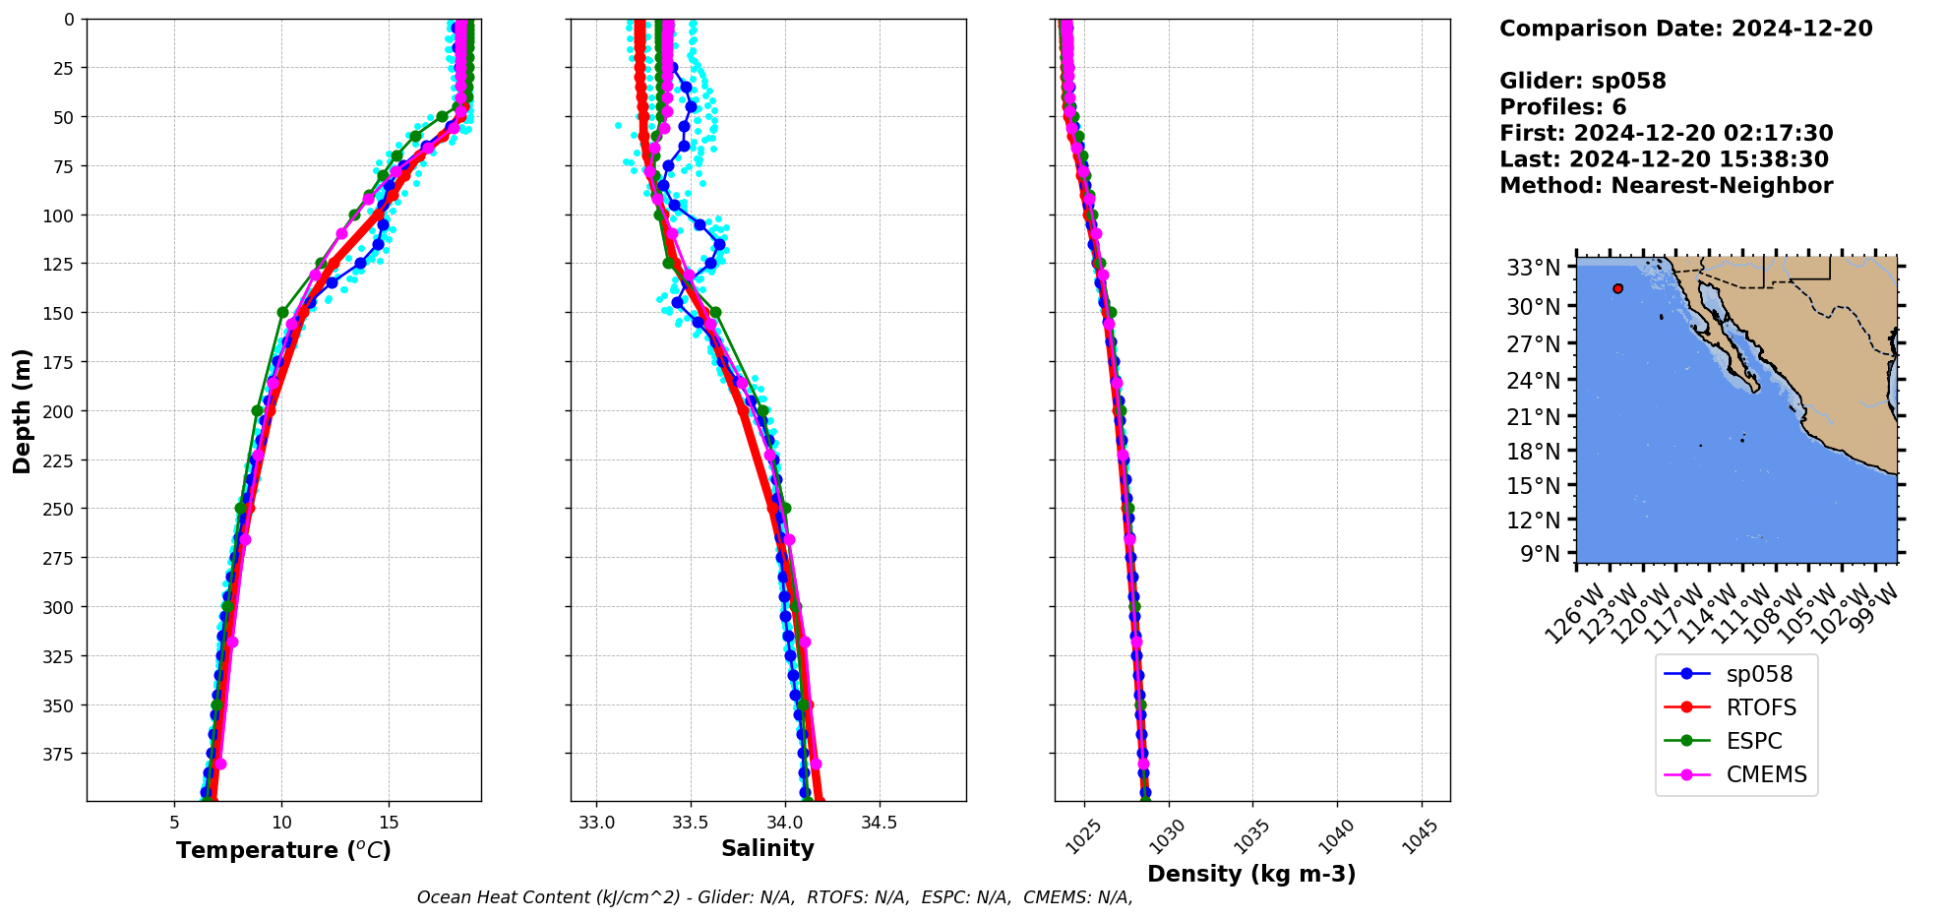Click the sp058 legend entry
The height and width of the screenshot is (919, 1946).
1758,674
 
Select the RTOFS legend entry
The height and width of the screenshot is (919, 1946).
1760,707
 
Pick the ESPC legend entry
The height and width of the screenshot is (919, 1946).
1753,741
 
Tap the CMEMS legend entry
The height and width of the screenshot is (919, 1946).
1766,774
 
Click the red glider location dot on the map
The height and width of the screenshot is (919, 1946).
1617,288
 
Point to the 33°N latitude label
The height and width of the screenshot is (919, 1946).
1533,268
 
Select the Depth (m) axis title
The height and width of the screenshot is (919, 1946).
23,410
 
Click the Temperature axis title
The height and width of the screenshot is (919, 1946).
283,850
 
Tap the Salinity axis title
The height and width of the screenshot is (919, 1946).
767,849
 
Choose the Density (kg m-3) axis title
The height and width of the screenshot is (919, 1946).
1251,874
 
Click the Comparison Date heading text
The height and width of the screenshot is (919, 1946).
1685,29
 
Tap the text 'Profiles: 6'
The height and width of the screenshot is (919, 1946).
1562,107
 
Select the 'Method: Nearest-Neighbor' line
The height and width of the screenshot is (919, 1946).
1666,186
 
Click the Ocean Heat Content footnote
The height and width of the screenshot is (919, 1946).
774,897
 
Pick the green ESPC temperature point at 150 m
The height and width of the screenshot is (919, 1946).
282,313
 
